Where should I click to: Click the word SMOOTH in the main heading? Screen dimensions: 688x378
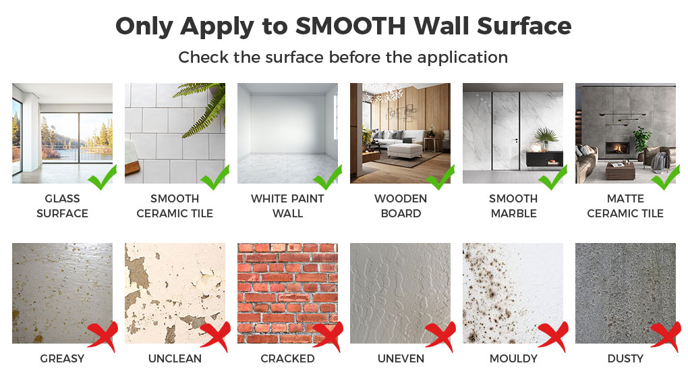point(350,26)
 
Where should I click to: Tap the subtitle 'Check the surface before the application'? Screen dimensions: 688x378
point(343,57)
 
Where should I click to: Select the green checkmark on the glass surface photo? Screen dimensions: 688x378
point(103,177)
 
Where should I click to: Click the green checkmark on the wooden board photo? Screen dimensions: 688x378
point(440,177)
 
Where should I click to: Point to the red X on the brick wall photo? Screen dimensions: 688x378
point(328,336)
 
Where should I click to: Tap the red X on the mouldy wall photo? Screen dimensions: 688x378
point(553,336)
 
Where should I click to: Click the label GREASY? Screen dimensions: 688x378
point(62,358)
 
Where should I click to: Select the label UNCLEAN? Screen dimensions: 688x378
point(175,358)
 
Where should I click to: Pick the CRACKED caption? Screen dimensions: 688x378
point(288,358)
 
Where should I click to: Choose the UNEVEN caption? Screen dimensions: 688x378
point(401,358)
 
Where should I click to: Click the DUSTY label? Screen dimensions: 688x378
point(626,358)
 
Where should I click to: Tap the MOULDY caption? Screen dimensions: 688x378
point(514,358)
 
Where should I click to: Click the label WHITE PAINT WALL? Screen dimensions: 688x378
point(288,206)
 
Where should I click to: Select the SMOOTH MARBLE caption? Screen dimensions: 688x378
point(514,206)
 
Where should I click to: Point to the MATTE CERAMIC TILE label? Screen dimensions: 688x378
point(626,206)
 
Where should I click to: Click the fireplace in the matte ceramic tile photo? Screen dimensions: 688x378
point(618,148)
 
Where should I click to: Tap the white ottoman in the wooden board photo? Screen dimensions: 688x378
point(405,151)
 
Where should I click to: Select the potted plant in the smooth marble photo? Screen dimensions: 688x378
point(546,138)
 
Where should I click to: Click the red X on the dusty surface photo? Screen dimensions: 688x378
point(666,336)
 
